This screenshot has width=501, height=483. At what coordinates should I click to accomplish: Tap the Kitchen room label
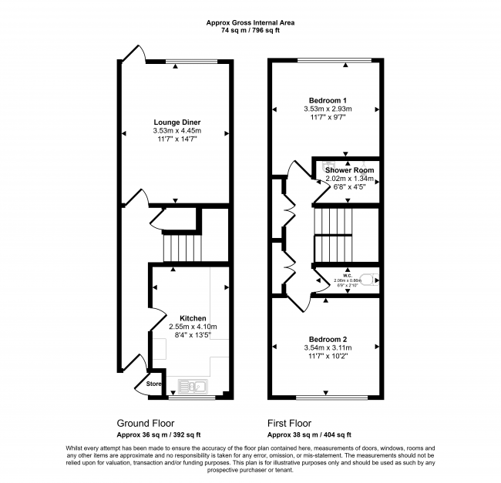coord(193,318)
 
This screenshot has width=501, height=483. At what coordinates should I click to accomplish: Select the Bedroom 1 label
coord(328,101)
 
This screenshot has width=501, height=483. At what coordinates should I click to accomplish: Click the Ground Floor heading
coord(146,423)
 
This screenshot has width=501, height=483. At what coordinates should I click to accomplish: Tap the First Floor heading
coord(289,423)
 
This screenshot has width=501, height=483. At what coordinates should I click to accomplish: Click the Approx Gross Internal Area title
coord(250,22)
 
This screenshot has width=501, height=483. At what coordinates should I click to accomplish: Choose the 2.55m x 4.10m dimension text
coord(193,327)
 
